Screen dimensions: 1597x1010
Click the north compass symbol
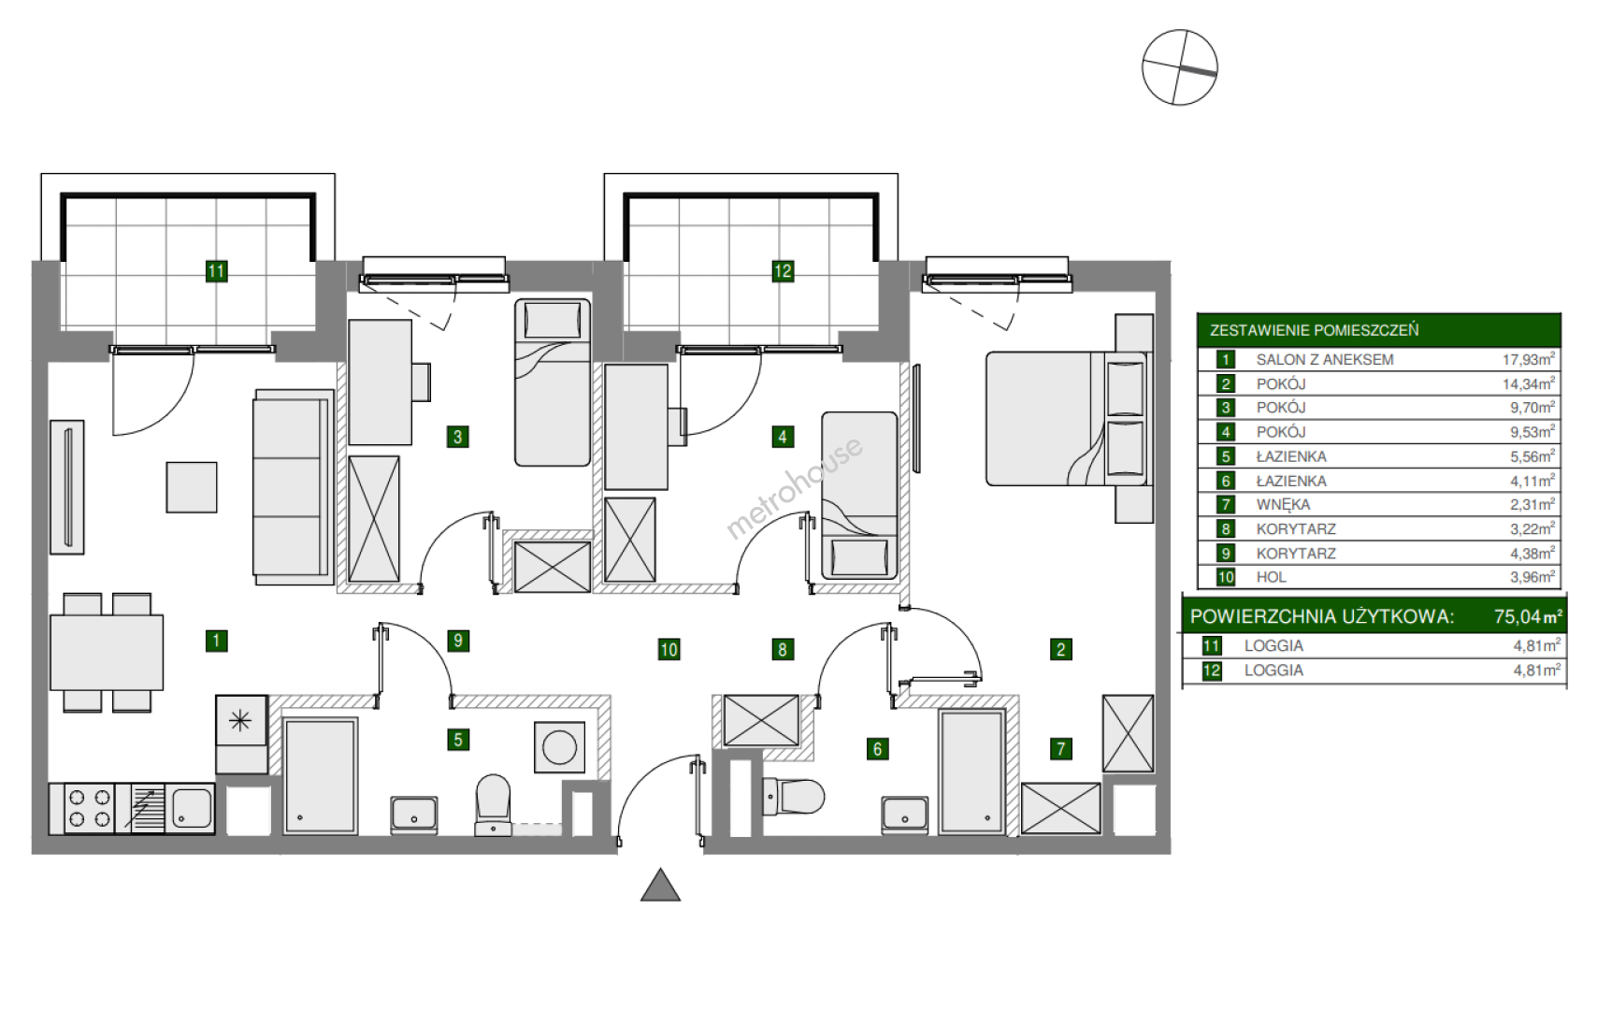tap(1179, 67)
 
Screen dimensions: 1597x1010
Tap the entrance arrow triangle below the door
tap(660, 887)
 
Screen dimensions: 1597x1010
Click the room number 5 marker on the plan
tap(458, 740)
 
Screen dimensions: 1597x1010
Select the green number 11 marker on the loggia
tap(216, 271)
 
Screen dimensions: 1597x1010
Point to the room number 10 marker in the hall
tap(669, 649)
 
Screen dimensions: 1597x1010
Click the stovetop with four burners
tap(89, 809)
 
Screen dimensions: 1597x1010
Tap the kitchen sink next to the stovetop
tap(191, 809)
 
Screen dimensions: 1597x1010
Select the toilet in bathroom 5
tap(494, 805)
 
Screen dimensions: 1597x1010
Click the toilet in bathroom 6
tap(793, 797)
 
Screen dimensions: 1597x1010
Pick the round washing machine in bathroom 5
tap(560, 747)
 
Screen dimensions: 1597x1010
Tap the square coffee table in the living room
tap(192, 487)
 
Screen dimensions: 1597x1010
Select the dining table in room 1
tap(107, 652)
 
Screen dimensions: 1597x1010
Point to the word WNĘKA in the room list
tap(1283, 505)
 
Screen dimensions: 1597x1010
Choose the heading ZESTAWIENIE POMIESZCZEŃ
tap(1314, 330)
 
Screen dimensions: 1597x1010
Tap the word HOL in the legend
tap(1272, 577)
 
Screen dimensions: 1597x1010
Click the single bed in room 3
tap(553, 382)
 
